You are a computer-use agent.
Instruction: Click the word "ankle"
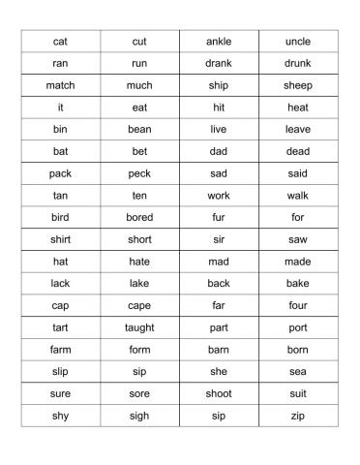219,42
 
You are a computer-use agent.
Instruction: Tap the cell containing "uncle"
298,42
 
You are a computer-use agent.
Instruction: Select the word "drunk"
298,64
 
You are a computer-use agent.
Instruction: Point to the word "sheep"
298,85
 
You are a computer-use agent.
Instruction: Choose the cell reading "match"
60,85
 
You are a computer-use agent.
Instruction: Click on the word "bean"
139,129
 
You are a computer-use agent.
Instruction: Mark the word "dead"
298,151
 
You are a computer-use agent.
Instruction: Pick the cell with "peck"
139,173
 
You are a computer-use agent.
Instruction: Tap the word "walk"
298,196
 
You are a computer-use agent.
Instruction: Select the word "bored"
139,217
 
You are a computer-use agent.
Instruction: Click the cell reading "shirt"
60,239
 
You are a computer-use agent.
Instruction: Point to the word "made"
298,262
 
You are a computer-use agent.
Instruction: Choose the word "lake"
139,283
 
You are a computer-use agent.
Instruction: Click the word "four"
298,305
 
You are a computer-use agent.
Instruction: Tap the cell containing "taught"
139,327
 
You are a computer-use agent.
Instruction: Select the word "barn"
219,350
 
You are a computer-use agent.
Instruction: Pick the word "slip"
60,371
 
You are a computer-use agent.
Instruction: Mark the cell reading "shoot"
219,393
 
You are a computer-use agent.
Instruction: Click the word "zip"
298,416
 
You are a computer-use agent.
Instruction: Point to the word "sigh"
139,416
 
